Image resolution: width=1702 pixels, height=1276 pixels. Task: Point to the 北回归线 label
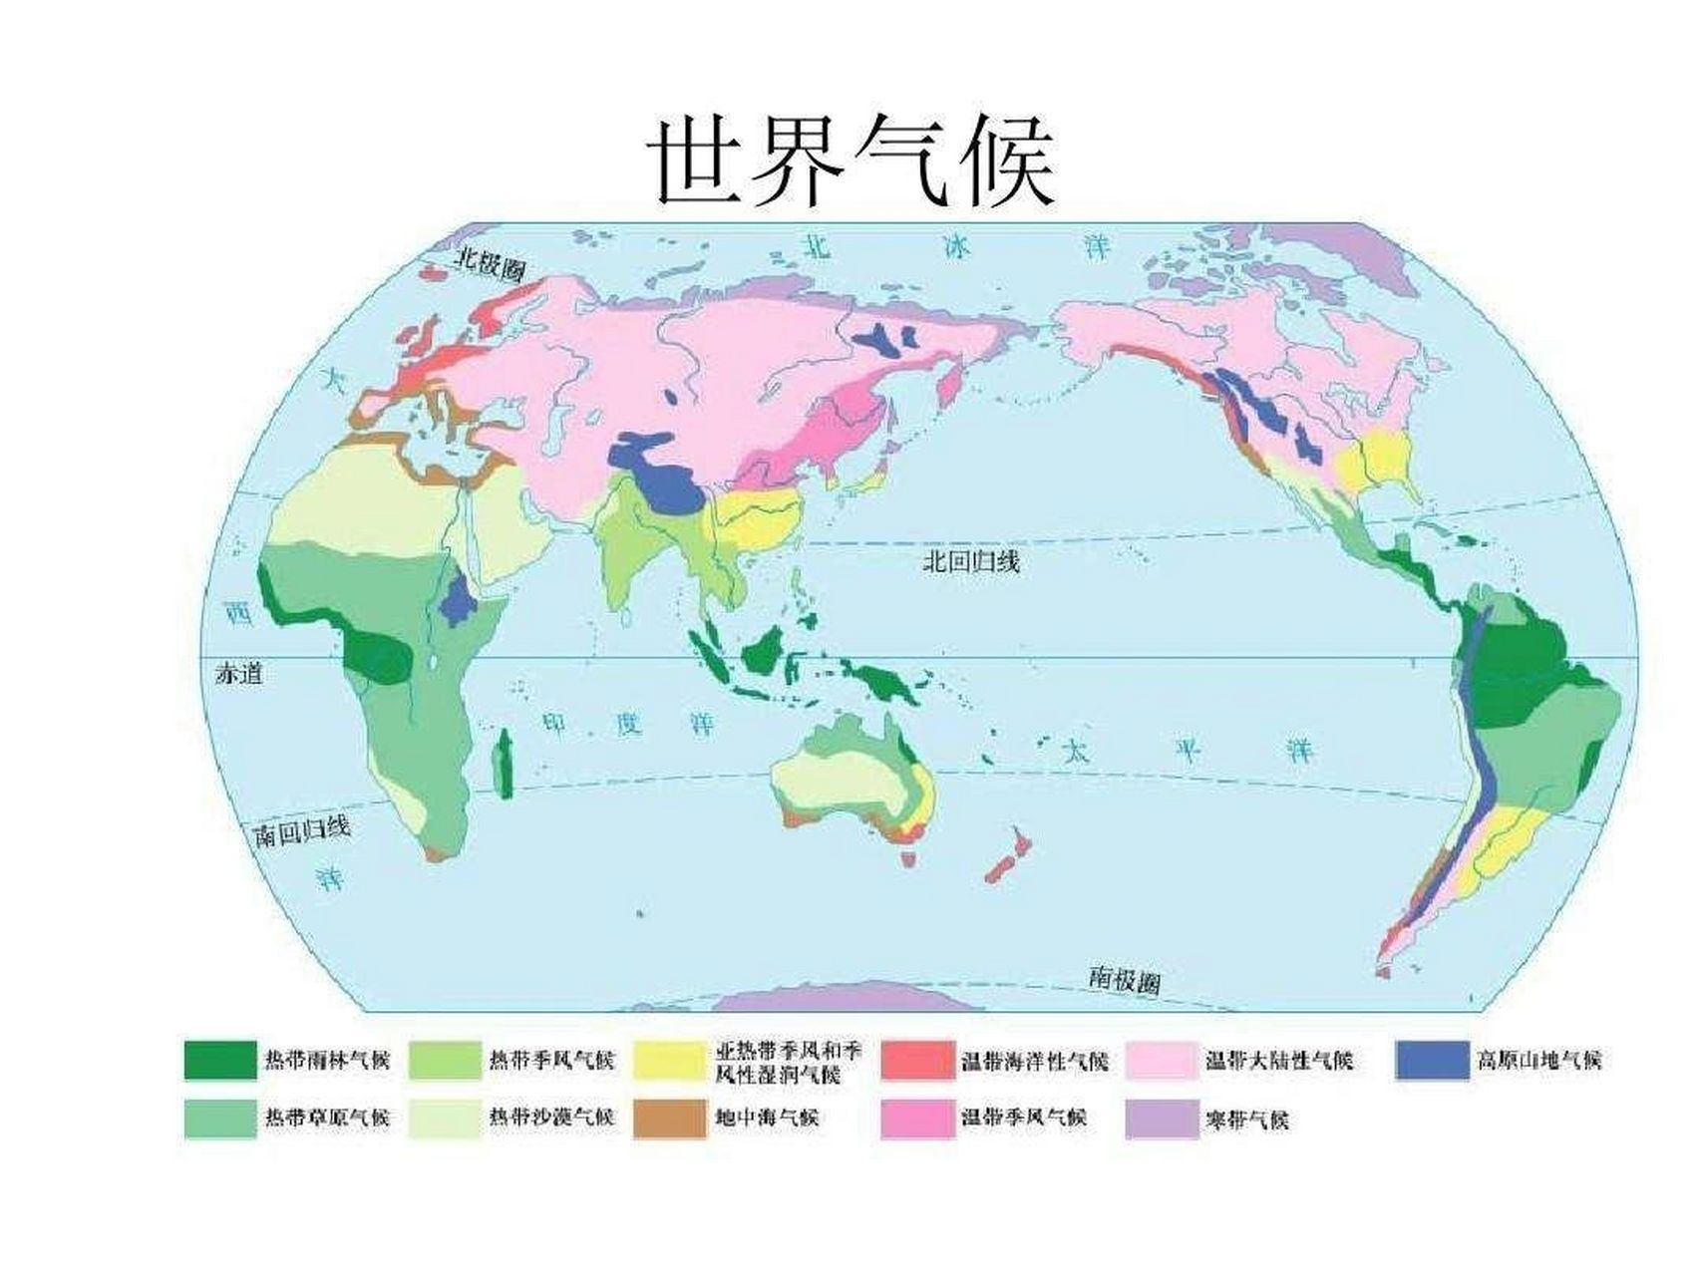point(971,561)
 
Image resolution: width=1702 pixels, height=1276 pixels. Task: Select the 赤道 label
point(239,674)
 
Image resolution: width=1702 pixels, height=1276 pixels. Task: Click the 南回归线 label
point(302,830)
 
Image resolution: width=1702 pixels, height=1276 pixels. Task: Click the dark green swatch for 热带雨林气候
point(220,1060)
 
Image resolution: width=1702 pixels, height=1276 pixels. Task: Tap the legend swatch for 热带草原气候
point(220,1118)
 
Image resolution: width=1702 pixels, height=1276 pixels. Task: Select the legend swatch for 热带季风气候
point(445,1060)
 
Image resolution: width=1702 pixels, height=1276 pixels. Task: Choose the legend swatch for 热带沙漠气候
point(445,1118)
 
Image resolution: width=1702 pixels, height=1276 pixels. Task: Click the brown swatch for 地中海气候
point(669,1118)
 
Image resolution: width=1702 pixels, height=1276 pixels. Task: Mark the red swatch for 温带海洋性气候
point(917,1060)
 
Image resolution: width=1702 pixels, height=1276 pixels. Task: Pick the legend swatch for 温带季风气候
point(917,1118)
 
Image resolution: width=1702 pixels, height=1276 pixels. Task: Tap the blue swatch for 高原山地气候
point(1432,1060)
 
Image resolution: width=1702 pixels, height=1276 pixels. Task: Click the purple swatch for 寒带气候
point(1162,1118)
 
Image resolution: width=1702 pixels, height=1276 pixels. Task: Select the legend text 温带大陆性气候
point(1279,1060)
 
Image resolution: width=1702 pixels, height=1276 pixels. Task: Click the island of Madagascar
point(506,763)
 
